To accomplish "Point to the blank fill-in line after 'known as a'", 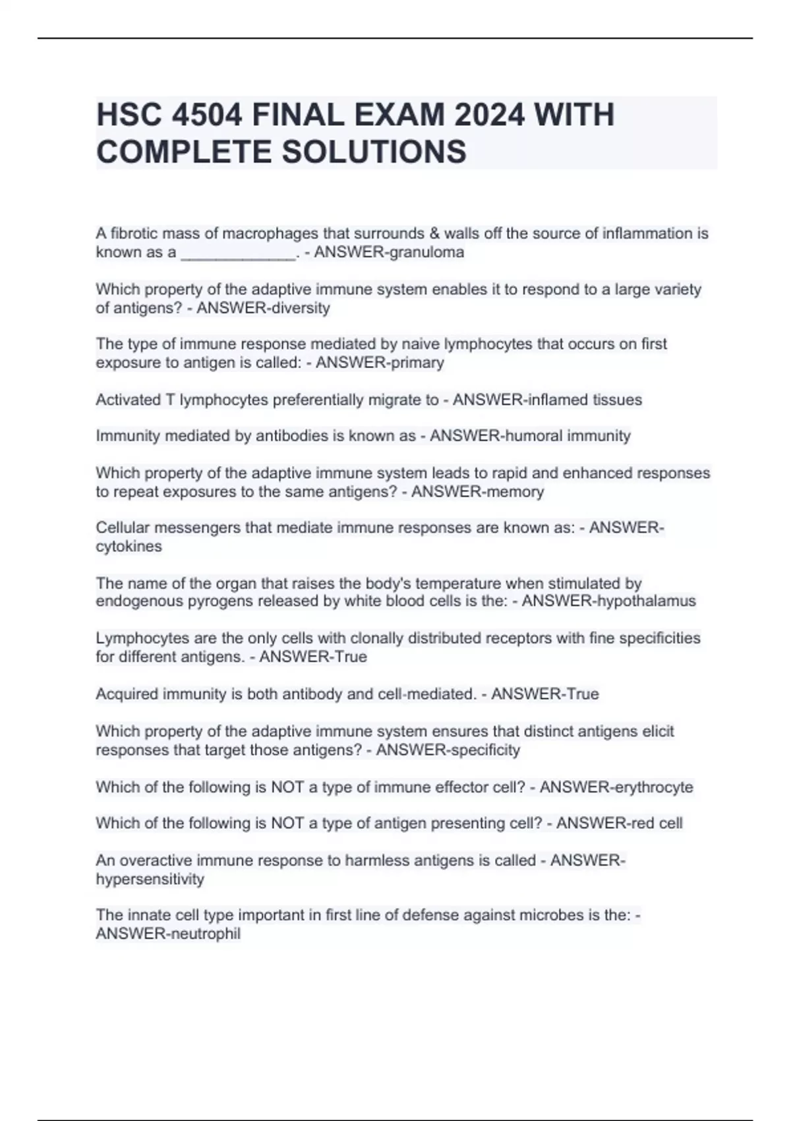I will click(238, 253).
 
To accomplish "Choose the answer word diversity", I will click(297, 308).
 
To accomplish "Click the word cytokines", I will click(129, 546).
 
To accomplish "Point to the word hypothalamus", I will click(646, 601).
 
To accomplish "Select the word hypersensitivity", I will click(150, 879).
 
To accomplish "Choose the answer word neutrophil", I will click(204, 934).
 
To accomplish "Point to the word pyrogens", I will click(213, 601).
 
